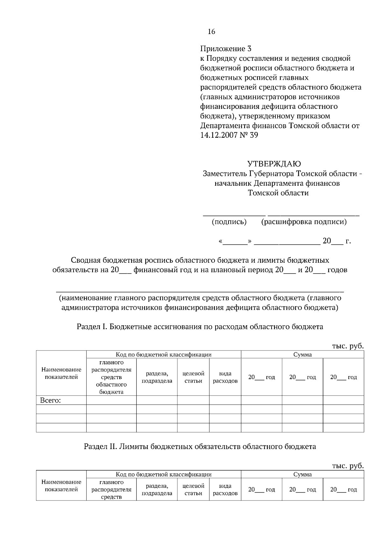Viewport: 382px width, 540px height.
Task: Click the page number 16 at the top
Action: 211,31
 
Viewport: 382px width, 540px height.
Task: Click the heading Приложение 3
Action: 226,49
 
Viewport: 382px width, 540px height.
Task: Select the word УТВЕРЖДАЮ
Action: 274,164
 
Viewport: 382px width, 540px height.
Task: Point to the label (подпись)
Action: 229,222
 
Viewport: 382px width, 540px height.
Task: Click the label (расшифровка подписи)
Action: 304,222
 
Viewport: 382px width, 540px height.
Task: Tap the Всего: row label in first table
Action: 50,400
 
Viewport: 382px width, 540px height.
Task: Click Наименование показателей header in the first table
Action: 61,373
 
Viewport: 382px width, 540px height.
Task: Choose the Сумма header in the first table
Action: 302,355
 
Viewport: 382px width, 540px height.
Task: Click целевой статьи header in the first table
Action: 193,377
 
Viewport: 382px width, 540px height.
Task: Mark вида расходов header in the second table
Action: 225,490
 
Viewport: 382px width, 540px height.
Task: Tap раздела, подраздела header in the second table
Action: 157,490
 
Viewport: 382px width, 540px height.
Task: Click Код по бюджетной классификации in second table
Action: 164,474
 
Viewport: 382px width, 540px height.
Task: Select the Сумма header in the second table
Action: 302,474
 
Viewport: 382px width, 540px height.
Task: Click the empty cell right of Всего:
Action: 111,400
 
